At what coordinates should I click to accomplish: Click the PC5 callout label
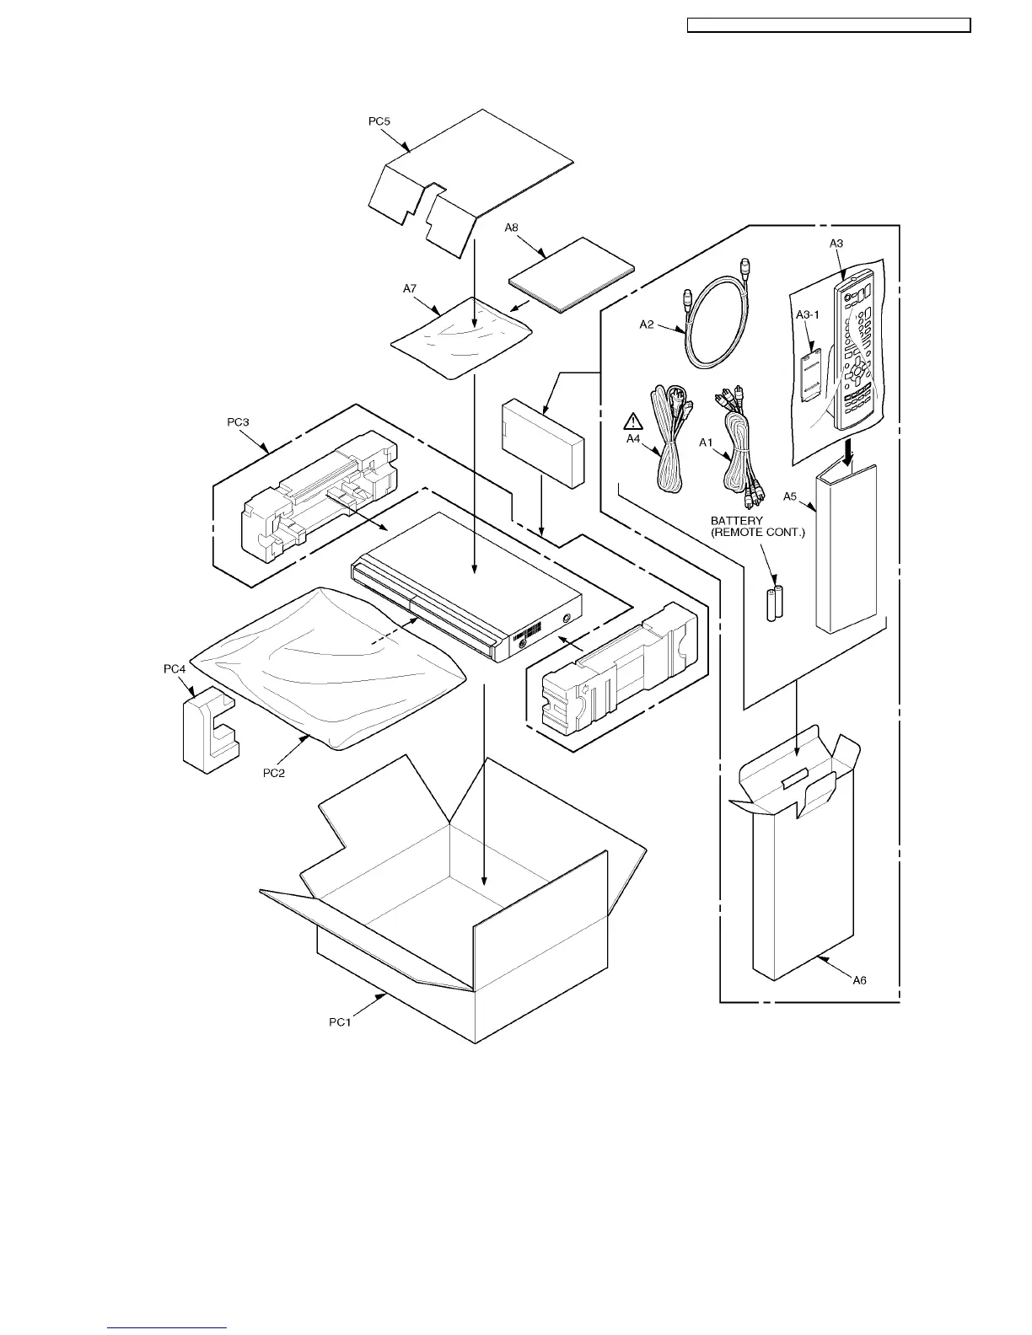coord(379,121)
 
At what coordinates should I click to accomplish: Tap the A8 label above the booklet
coord(512,228)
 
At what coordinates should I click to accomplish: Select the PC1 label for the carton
coord(340,1023)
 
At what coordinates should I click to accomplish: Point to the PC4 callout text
coord(175,669)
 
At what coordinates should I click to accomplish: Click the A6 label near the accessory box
coord(859,980)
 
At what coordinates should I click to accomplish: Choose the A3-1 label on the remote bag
coord(808,314)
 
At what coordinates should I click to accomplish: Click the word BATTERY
coord(737,521)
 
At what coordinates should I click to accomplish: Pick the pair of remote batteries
coord(775,603)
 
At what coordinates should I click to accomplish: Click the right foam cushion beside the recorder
coord(620,670)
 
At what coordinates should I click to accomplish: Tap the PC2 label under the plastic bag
coord(274,772)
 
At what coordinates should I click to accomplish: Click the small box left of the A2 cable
coord(542,442)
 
